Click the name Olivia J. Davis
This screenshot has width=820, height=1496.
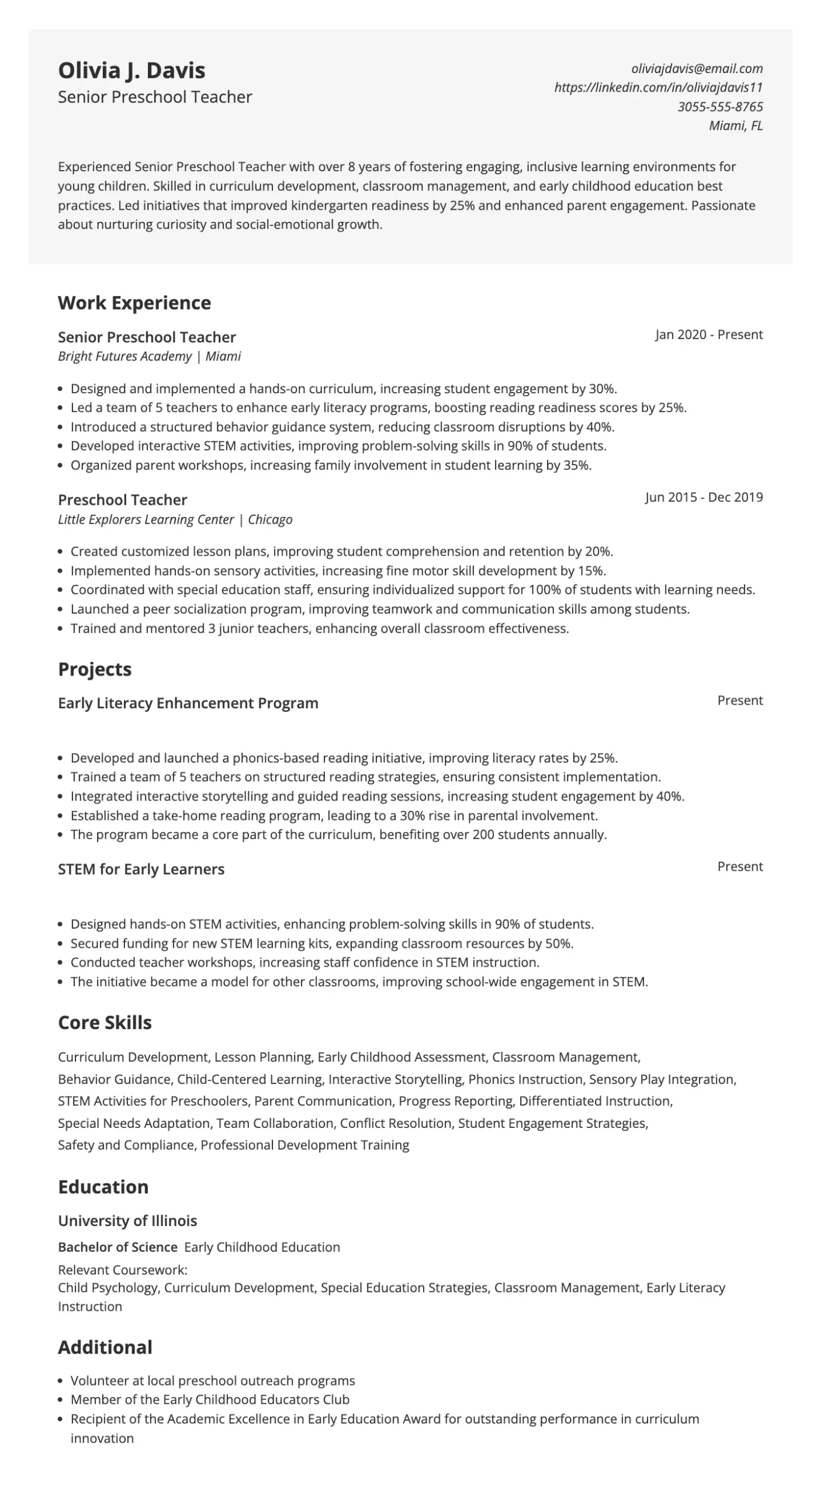(x=132, y=71)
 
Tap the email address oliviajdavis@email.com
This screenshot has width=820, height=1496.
(x=697, y=68)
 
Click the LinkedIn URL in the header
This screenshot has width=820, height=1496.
(x=658, y=88)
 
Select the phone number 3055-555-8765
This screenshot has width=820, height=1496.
(x=720, y=107)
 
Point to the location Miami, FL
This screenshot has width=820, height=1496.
(x=735, y=126)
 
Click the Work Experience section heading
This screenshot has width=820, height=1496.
(x=134, y=303)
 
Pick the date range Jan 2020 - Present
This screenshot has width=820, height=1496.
(x=708, y=335)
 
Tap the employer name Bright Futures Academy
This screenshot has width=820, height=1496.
(x=124, y=356)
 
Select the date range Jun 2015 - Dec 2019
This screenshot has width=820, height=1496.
(x=704, y=497)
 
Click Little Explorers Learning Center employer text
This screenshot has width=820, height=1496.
(x=146, y=520)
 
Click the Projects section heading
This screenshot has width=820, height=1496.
(x=95, y=669)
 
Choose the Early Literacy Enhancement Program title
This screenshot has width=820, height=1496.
(x=188, y=703)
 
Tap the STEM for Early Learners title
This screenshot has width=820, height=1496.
(x=141, y=870)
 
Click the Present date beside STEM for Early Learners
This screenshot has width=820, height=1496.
(x=739, y=867)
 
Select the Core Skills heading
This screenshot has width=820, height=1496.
(x=105, y=1023)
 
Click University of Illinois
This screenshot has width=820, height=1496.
(x=127, y=1221)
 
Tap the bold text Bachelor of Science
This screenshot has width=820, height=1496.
(x=117, y=1247)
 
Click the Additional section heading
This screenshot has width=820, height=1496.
(x=105, y=1348)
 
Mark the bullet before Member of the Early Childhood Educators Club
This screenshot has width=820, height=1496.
(x=61, y=1400)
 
